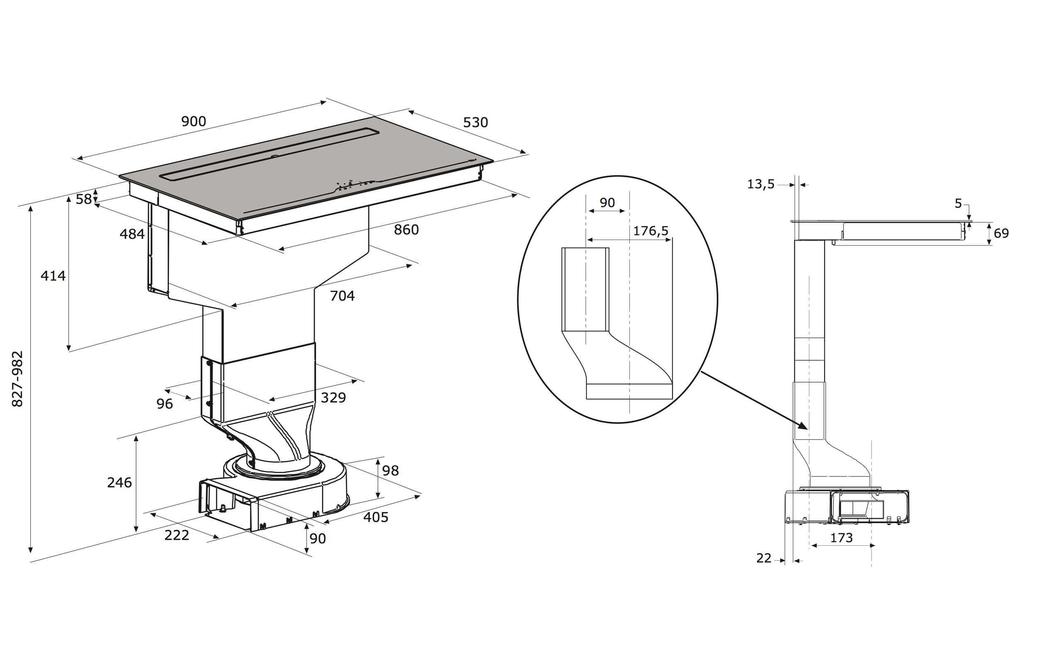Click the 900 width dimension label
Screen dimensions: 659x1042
pos(193,121)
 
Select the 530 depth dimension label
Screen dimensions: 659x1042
pos(475,122)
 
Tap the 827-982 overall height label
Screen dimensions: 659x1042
pos(17,378)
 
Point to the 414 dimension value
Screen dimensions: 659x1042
pos(53,276)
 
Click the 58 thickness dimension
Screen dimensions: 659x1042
pos(83,199)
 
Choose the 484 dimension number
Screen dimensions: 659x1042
pos(132,234)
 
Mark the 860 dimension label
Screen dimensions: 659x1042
pos(406,229)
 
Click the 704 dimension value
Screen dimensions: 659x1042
pos(342,296)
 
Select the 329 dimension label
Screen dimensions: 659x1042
pos(333,398)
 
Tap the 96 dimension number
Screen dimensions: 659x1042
pos(164,403)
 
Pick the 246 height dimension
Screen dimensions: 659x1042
pos(119,482)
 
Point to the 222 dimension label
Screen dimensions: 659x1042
pos(177,535)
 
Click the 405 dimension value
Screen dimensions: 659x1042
pos(375,517)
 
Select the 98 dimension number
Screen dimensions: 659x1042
pos(390,470)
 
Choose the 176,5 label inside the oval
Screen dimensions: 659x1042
pos(650,231)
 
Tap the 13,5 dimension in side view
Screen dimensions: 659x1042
pos(761,184)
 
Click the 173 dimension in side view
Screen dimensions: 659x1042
pos(841,538)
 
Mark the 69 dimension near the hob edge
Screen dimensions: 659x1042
pos(1001,233)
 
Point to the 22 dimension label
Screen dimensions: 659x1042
pos(764,559)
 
